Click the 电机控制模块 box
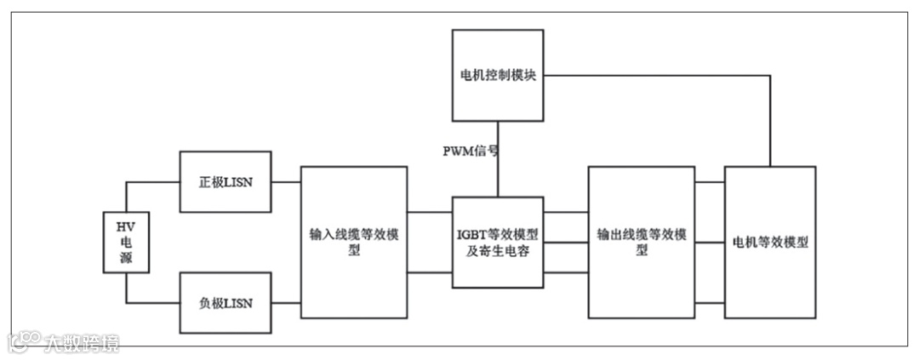coord(497,75)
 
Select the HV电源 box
coord(126,243)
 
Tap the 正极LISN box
coord(225,181)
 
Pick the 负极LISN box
coord(225,302)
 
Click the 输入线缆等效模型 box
coord(354,243)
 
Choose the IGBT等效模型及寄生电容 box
coord(497,243)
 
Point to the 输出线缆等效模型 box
coord(641,243)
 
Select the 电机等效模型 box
coord(770,243)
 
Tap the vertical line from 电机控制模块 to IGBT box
coord(498,170)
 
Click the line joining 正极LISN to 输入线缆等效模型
coord(286,181)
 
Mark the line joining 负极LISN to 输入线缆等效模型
coord(286,302)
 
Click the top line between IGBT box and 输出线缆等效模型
coord(565,213)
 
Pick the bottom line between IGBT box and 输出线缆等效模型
coord(565,272)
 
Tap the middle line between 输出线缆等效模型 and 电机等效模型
coord(710,243)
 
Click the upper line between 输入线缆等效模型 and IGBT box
coord(429,213)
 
